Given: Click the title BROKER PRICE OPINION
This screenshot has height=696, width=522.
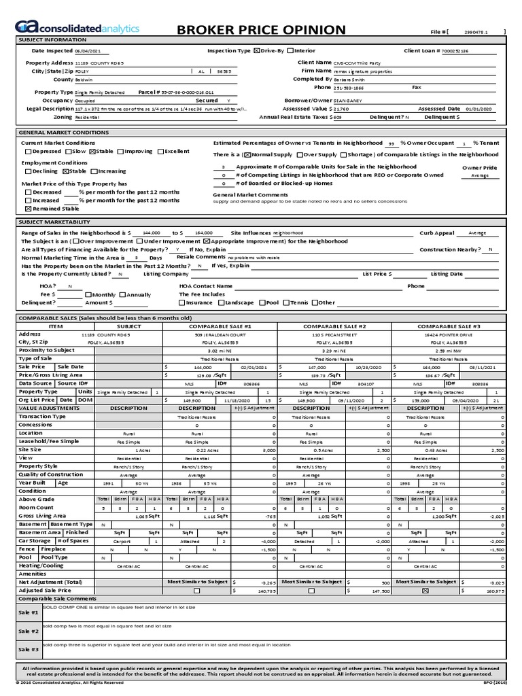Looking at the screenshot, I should [261, 29].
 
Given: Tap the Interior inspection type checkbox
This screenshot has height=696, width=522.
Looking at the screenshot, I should [291, 51].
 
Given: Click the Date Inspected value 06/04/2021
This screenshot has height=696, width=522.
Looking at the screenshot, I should [86, 51].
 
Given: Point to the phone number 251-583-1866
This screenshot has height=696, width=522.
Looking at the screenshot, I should [349, 88].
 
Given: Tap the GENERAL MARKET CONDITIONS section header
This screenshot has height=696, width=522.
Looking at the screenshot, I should [64, 133].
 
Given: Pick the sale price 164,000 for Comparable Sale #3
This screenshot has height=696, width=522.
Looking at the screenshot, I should [432, 366].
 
